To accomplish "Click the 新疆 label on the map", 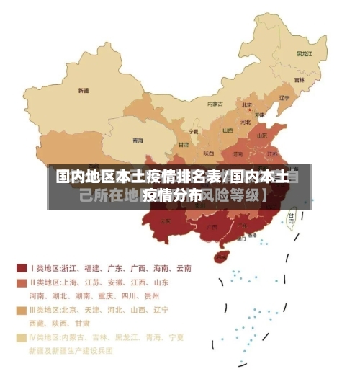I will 84,91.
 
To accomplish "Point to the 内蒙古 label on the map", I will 215,104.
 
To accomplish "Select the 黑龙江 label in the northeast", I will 305,53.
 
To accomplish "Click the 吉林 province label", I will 299,80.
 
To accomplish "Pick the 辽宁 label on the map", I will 284,98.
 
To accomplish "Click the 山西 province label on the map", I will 228,130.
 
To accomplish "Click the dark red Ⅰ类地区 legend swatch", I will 22,268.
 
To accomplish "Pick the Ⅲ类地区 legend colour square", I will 22,311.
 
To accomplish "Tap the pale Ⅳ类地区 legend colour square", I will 22,338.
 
